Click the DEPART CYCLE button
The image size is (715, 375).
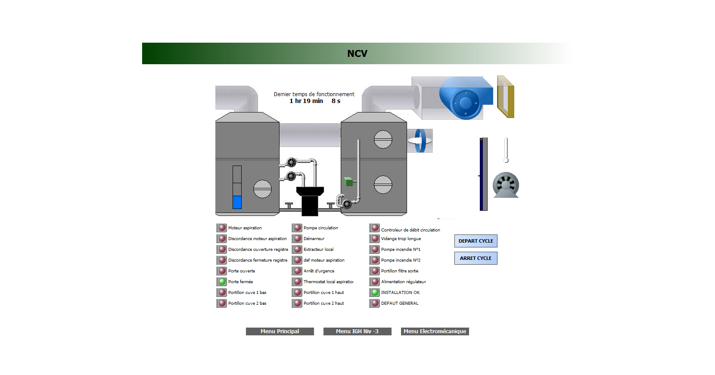476,241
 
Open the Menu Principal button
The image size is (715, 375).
280,331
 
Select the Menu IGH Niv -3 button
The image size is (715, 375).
357,331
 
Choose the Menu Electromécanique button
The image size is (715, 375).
435,331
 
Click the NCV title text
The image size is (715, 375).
357,53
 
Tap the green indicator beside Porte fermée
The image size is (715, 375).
222,281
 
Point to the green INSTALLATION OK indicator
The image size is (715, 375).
375,292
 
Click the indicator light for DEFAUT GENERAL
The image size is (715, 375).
375,303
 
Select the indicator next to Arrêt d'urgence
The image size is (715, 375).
297,271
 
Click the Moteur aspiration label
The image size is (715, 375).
245,228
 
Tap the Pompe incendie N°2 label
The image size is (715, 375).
401,260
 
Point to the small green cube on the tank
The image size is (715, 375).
348,181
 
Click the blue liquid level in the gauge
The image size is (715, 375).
237,202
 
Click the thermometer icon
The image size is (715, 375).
506,150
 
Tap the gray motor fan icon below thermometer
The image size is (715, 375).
506,185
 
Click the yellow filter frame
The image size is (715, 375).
505,97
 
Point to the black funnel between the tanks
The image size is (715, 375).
310,200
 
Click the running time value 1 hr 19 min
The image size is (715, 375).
306,101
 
